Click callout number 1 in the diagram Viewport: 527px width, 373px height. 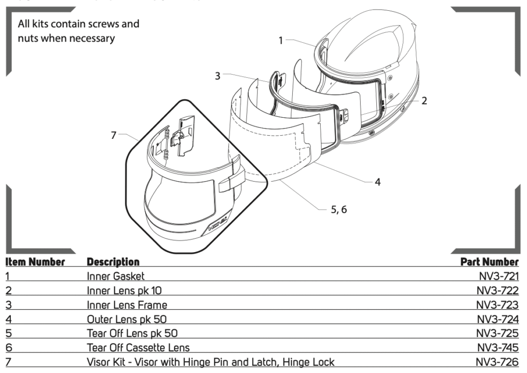tap(280, 40)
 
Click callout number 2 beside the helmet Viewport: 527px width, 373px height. tap(424, 101)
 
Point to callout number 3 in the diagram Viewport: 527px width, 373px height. tap(218, 76)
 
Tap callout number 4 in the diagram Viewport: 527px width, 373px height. tap(377, 182)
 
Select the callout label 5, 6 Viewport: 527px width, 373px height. tap(339, 209)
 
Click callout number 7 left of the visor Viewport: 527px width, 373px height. tap(114, 135)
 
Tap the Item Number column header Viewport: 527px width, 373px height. tap(36, 262)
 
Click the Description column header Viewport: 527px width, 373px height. tap(113, 262)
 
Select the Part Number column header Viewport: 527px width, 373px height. tap(489, 262)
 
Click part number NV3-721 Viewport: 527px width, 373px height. tap(498, 276)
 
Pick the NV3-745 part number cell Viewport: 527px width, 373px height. tap(497, 347)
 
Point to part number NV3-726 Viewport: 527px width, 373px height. tap(497, 362)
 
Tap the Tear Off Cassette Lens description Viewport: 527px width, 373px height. tap(138, 347)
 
